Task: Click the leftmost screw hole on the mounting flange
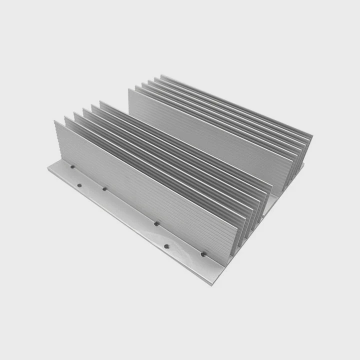[x=72, y=167]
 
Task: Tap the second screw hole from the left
[x=79, y=185]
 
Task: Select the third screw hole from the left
[x=104, y=189]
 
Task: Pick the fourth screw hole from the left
[x=156, y=224]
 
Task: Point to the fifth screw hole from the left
[x=167, y=246]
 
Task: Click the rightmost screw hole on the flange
[x=203, y=254]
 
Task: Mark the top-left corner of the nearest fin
[x=55, y=121]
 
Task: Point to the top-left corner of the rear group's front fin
[x=129, y=89]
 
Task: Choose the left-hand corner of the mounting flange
[x=47, y=169]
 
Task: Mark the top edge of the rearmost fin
[x=235, y=105]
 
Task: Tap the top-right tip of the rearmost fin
[x=312, y=136]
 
